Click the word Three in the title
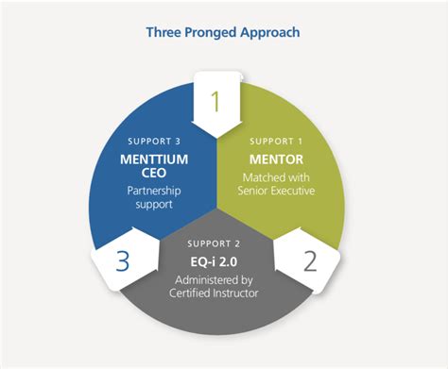click(164, 32)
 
